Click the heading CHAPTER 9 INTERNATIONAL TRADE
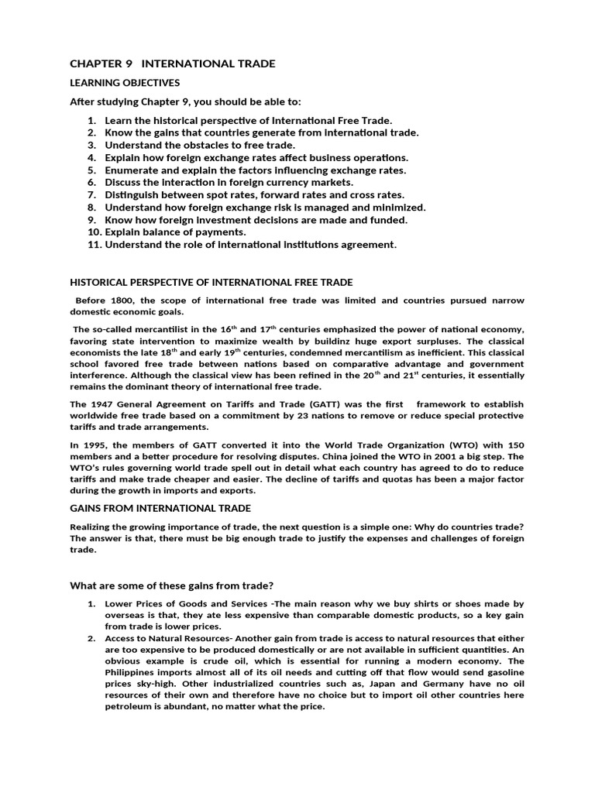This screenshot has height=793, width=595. pyautogui.click(x=172, y=64)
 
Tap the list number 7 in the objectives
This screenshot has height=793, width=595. pyautogui.click(x=91, y=195)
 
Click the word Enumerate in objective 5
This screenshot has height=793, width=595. pyautogui.click(x=131, y=170)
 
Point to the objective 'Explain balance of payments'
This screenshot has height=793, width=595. pyautogui.click(x=175, y=232)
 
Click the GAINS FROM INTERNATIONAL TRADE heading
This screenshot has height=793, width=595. pyautogui.click(x=160, y=508)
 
